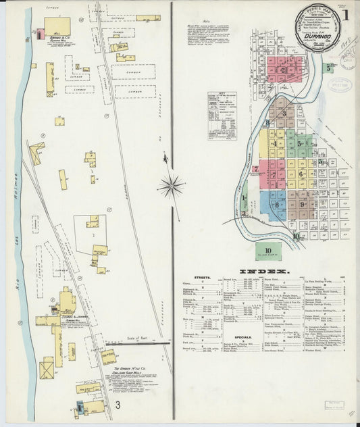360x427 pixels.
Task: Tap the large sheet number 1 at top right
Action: [x=345, y=14]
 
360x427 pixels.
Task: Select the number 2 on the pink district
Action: [x=283, y=69]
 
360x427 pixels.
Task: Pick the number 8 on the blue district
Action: [x=277, y=203]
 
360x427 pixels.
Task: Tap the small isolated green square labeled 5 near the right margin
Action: [x=328, y=68]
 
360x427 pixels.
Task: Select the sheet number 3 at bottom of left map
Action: [x=118, y=405]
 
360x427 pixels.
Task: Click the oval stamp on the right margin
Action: [x=338, y=85]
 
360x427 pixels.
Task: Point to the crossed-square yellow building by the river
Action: [x=47, y=370]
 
